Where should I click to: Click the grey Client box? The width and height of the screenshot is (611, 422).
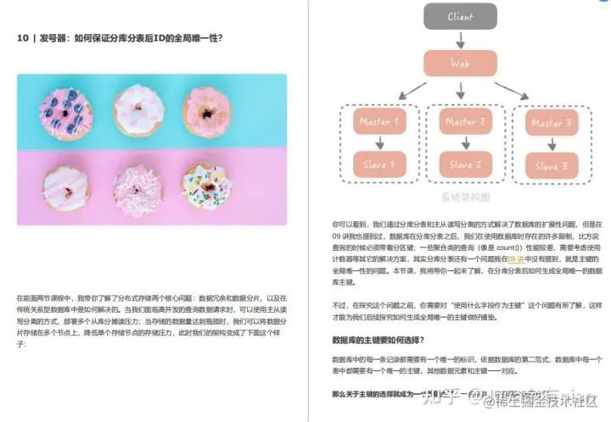(x=461, y=16)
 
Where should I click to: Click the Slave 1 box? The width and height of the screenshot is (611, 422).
(x=373, y=164)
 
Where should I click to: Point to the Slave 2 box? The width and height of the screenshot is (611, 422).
(x=463, y=164)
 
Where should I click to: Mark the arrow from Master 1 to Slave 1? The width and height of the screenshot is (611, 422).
(x=373, y=144)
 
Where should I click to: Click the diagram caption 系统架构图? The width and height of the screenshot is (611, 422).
(x=460, y=197)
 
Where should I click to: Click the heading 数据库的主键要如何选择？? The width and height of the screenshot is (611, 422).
(x=379, y=340)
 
